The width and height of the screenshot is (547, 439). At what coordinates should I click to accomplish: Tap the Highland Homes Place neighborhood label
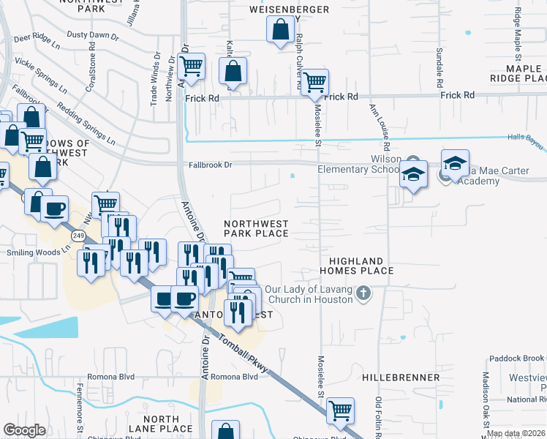361,266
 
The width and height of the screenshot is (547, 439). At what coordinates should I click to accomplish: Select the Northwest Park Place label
256,228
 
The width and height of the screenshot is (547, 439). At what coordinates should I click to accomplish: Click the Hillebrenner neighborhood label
401,378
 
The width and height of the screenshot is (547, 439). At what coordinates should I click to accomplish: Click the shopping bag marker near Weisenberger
280,31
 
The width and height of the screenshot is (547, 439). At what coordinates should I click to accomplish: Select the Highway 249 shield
78,236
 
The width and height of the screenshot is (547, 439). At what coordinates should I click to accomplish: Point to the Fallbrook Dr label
208,165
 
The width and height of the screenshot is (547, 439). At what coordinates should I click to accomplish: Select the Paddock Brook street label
517,358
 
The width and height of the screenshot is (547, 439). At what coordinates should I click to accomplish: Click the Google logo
25,430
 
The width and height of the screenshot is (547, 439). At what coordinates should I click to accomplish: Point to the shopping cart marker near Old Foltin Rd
340,410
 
